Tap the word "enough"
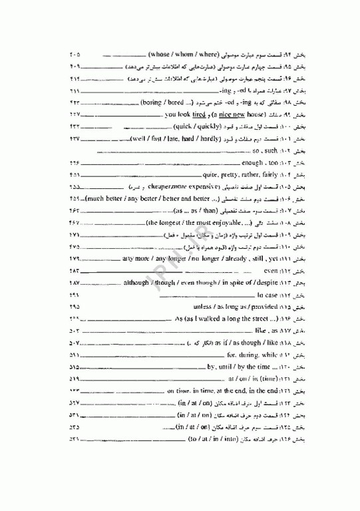[x=252, y=162]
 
